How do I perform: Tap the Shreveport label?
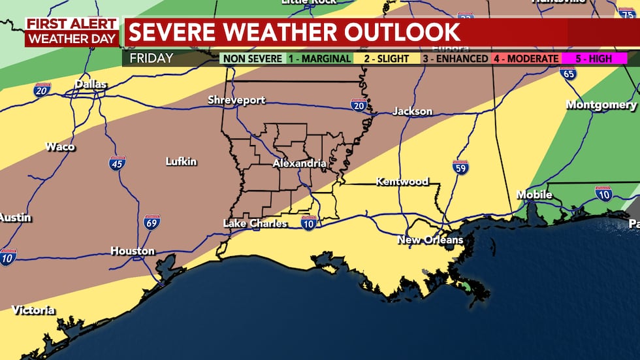tap(236, 100)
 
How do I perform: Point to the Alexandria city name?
tap(299, 163)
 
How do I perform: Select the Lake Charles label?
tap(255, 223)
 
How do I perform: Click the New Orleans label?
tap(430, 240)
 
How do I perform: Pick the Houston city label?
tap(132, 251)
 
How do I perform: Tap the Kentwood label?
tap(402, 182)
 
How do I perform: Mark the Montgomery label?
tap(601, 105)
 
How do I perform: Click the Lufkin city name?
tap(181, 161)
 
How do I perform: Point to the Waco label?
tap(59, 146)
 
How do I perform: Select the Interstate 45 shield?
tap(118, 163)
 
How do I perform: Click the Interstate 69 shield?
tap(152, 223)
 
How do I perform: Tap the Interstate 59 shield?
tap(460, 167)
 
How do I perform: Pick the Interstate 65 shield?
tap(568, 74)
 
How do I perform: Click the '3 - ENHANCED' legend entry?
tap(456, 59)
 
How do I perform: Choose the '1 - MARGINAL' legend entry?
tap(319, 59)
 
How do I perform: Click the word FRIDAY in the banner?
tap(152, 59)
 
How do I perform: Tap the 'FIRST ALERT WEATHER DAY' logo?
tap(72, 31)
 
